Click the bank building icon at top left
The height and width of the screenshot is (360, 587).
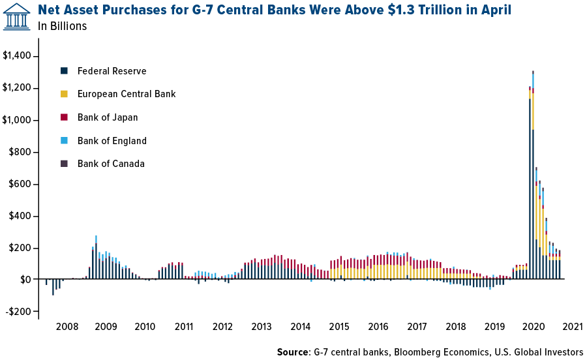click(x=16, y=16)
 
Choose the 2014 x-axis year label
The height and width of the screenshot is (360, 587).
click(x=301, y=326)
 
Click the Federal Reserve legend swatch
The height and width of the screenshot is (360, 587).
click(x=64, y=70)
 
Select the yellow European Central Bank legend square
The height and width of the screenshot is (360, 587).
click(x=64, y=94)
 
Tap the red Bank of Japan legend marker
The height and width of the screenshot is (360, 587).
click(x=64, y=117)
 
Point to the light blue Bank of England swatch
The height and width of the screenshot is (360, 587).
click(x=64, y=140)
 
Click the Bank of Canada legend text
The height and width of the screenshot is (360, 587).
click(x=111, y=164)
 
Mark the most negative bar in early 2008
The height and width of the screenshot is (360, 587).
click(x=53, y=288)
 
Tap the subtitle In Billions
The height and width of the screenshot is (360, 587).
click(x=63, y=26)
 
